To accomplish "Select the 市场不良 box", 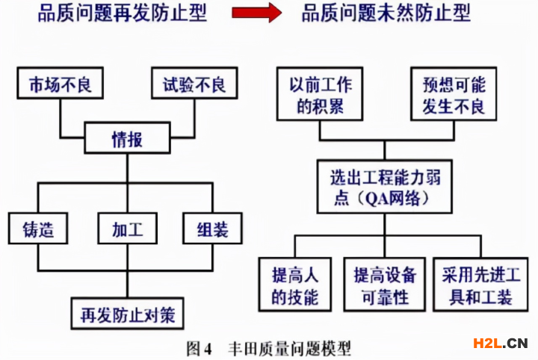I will point(59,84).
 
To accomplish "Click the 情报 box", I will point(126,140).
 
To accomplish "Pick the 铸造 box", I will point(37,228).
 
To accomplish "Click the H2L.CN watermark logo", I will point(501,344).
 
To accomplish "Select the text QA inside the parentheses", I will point(372,199).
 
